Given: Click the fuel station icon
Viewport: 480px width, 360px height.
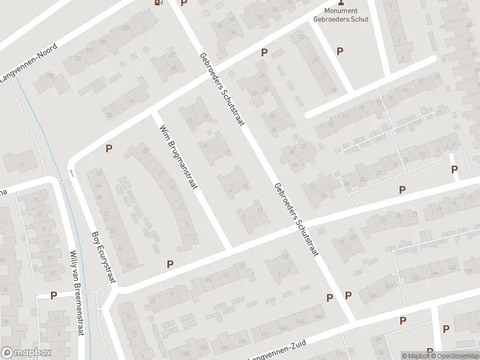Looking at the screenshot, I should pos(158,2).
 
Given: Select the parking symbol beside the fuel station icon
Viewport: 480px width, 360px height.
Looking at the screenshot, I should pos(184,3).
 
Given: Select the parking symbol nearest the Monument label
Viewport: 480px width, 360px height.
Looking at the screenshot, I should pos(340,52).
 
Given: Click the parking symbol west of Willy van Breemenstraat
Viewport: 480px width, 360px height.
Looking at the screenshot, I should pos(53,295).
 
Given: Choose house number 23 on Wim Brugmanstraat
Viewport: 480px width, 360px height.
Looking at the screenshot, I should pos(144,150).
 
